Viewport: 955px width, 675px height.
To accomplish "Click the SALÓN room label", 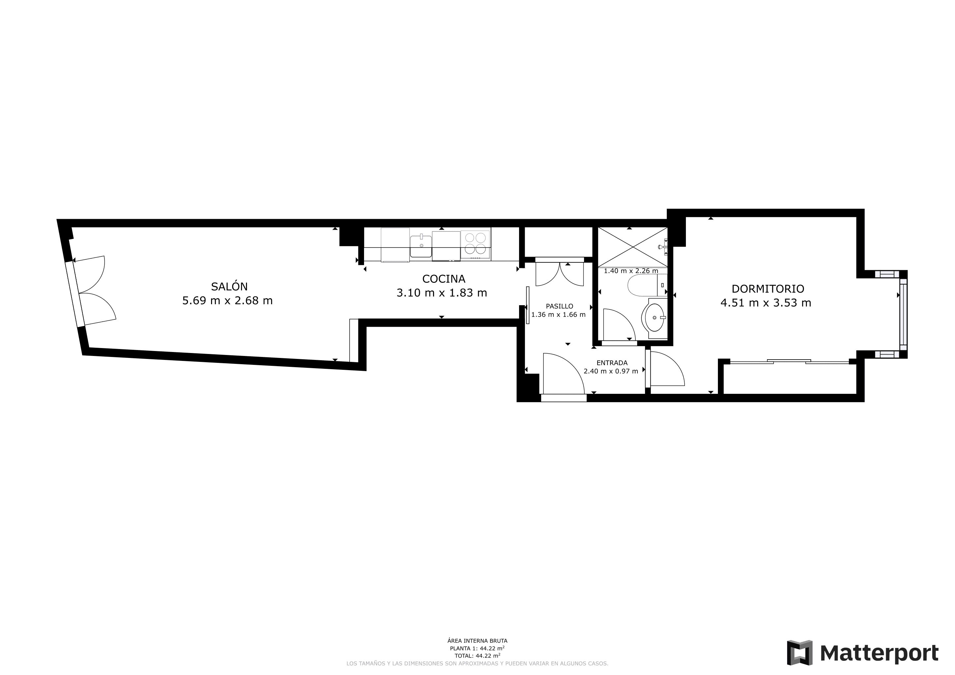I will (229, 286).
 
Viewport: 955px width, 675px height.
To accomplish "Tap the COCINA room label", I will (444, 279).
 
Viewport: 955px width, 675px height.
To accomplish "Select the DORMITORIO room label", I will (767, 289).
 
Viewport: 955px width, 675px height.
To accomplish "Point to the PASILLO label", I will (559, 306).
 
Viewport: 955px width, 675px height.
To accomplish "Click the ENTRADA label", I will (611, 363).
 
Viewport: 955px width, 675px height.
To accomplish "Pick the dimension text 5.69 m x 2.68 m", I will (227, 301).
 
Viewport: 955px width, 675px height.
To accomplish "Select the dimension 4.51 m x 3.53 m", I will (765, 303).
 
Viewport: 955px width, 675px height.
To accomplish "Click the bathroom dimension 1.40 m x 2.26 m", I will (631, 271).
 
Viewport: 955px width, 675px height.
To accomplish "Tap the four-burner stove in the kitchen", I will (476, 244).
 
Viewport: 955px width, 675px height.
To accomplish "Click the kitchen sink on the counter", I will (420, 246).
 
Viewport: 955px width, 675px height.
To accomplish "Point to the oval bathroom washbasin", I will (654, 317).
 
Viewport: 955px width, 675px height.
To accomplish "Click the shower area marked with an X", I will (632, 247).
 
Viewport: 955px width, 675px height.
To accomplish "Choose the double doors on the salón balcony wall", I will (94, 291).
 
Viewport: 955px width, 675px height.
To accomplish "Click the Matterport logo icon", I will (799, 653).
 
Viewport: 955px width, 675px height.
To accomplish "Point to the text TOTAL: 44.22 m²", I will (477, 656).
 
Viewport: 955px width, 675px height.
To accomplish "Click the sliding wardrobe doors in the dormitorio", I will (789, 362).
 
